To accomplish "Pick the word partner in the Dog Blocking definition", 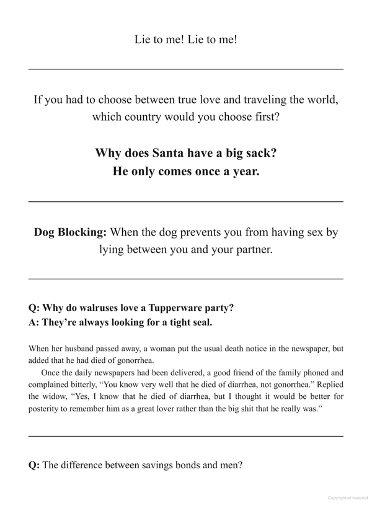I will [x=247, y=250].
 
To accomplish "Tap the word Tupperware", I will [x=179, y=308].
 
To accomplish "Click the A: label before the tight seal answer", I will [x=34, y=322].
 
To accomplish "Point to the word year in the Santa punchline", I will [x=244, y=172].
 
